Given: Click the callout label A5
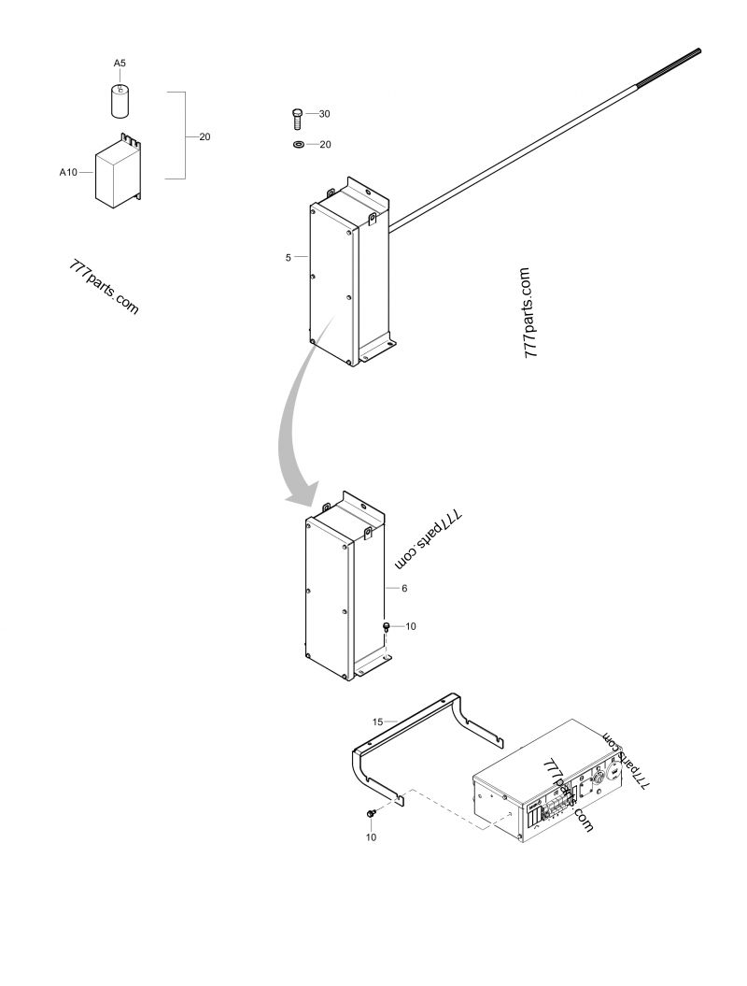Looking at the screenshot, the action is (x=120, y=63).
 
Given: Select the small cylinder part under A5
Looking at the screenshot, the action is (x=120, y=101).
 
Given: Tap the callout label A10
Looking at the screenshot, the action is (x=68, y=172).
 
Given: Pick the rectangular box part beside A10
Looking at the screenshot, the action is (x=118, y=170).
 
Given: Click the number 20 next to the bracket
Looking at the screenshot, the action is (x=204, y=136).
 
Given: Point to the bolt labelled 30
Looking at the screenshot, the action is (x=297, y=119).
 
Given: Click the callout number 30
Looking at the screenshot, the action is (x=324, y=114).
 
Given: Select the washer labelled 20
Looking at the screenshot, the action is (x=298, y=145).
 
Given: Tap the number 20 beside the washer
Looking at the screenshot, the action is (x=325, y=145).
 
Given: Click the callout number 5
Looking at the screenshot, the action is (x=289, y=257).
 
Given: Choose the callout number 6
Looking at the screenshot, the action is (x=404, y=588).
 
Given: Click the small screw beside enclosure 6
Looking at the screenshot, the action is (x=386, y=627).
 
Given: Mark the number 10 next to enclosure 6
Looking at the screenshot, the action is (x=410, y=626).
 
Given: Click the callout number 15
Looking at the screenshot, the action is (x=377, y=722).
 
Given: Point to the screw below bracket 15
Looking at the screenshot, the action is (x=372, y=814).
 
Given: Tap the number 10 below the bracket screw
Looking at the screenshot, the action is (x=372, y=837).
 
